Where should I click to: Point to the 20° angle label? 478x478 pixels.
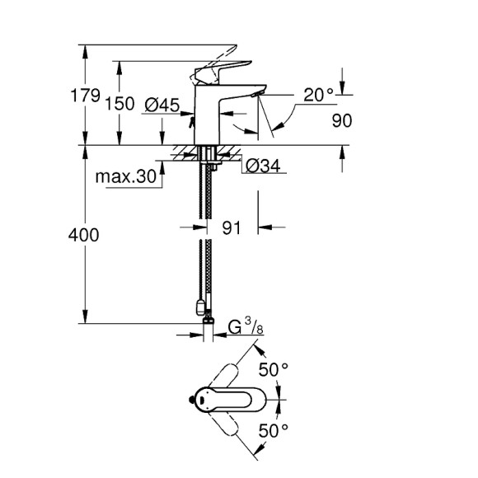318,96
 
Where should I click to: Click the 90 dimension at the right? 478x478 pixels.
342,120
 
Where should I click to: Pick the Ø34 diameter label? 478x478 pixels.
264,166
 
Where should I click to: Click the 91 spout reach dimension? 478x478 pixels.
232,228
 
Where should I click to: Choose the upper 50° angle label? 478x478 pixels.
274,369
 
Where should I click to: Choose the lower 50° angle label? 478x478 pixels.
274,429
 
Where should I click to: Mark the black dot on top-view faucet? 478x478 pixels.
199,401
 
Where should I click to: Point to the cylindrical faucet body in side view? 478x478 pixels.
206,115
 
